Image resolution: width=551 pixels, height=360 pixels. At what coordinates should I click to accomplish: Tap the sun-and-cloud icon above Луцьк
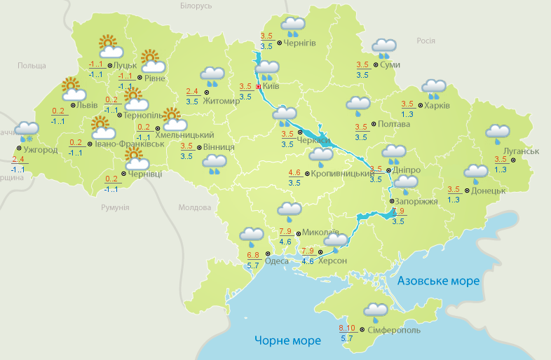point(109,46)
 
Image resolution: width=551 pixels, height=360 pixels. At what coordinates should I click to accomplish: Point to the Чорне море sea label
point(287,341)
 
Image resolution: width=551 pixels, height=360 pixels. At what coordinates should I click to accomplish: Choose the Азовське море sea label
point(438,281)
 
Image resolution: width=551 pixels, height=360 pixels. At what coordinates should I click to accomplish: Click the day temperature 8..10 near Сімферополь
point(347,328)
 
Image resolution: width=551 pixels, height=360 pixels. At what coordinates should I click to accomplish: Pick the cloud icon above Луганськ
point(498,133)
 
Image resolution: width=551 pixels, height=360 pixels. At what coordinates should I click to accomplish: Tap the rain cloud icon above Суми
point(384,47)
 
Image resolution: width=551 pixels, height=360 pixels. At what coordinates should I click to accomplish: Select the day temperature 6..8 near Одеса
point(254,254)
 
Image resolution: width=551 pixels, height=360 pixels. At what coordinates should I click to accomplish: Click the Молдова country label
point(194,208)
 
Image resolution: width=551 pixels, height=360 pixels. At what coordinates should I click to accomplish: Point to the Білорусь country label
point(196,6)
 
